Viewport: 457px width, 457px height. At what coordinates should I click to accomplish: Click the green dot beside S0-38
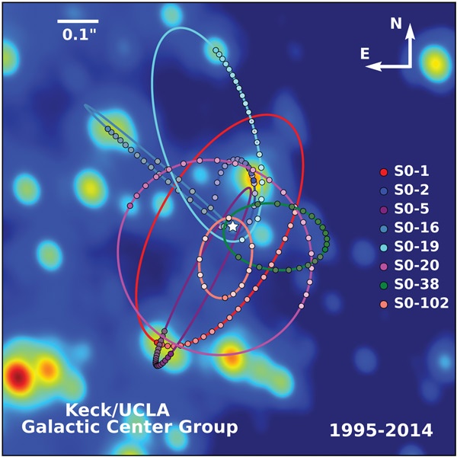pos(384,284)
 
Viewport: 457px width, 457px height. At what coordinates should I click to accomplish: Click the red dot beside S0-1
pos(384,170)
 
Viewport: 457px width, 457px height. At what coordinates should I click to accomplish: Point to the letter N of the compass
pos(396,24)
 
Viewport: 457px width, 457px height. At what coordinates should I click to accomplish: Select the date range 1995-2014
pos(381,430)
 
